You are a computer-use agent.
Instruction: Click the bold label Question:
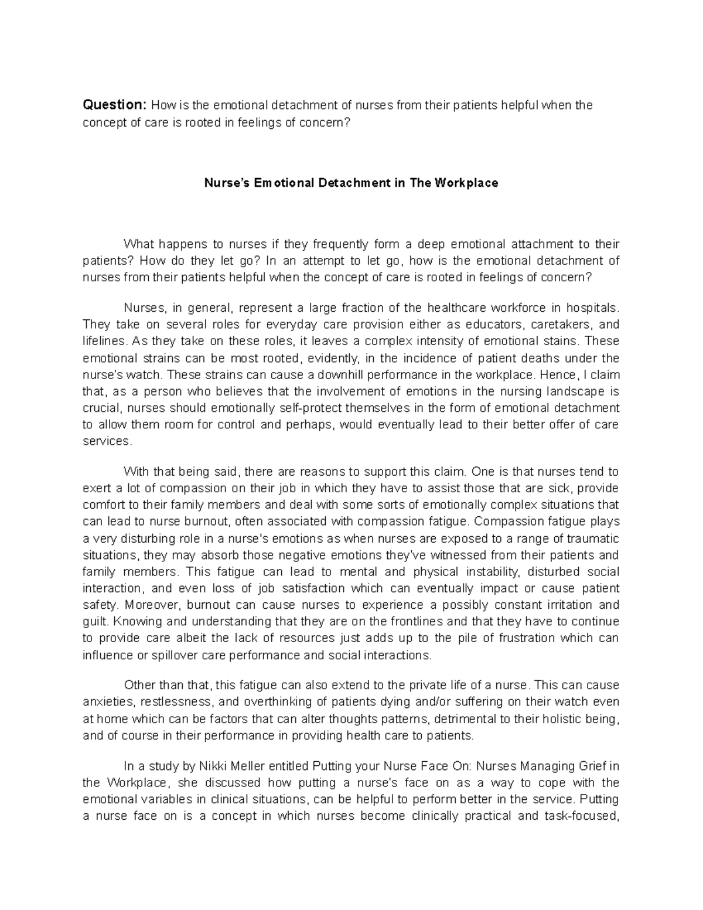click(114, 105)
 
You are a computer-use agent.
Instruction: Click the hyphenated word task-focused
click(581, 816)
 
